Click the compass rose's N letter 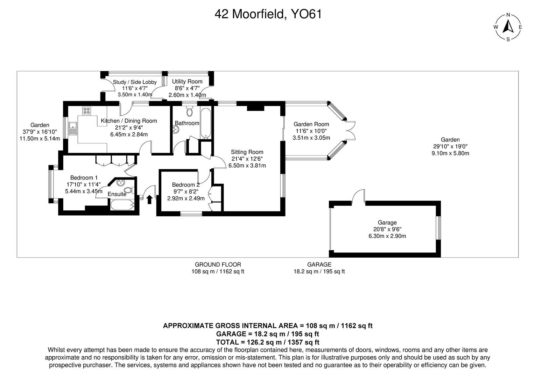pos(508,15)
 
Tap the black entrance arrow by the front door pos(149,199)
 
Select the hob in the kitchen pos(86,111)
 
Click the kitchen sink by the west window pos(73,128)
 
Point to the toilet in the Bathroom pos(190,112)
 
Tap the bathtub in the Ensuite pos(122,205)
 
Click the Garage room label pos(387,223)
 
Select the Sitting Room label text pos(247,152)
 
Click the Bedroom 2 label pos(186,185)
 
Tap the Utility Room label pos(187,82)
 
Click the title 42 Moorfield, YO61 pos(268,14)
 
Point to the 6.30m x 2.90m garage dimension pos(387,236)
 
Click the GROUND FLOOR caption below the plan pos(218,265)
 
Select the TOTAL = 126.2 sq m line pos(268,342)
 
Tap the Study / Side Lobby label pos(135,82)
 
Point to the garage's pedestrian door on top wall pos(358,197)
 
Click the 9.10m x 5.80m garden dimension pos(450,153)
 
